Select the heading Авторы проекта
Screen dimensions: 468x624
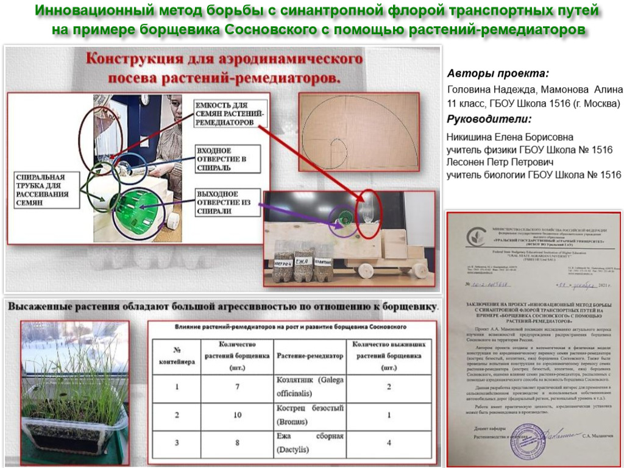point(497,74)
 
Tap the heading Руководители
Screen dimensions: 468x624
point(489,119)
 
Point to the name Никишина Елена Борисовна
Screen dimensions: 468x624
point(509,137)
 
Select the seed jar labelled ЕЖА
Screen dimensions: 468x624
point(303,260)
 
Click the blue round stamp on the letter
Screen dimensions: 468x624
point(531,435)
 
